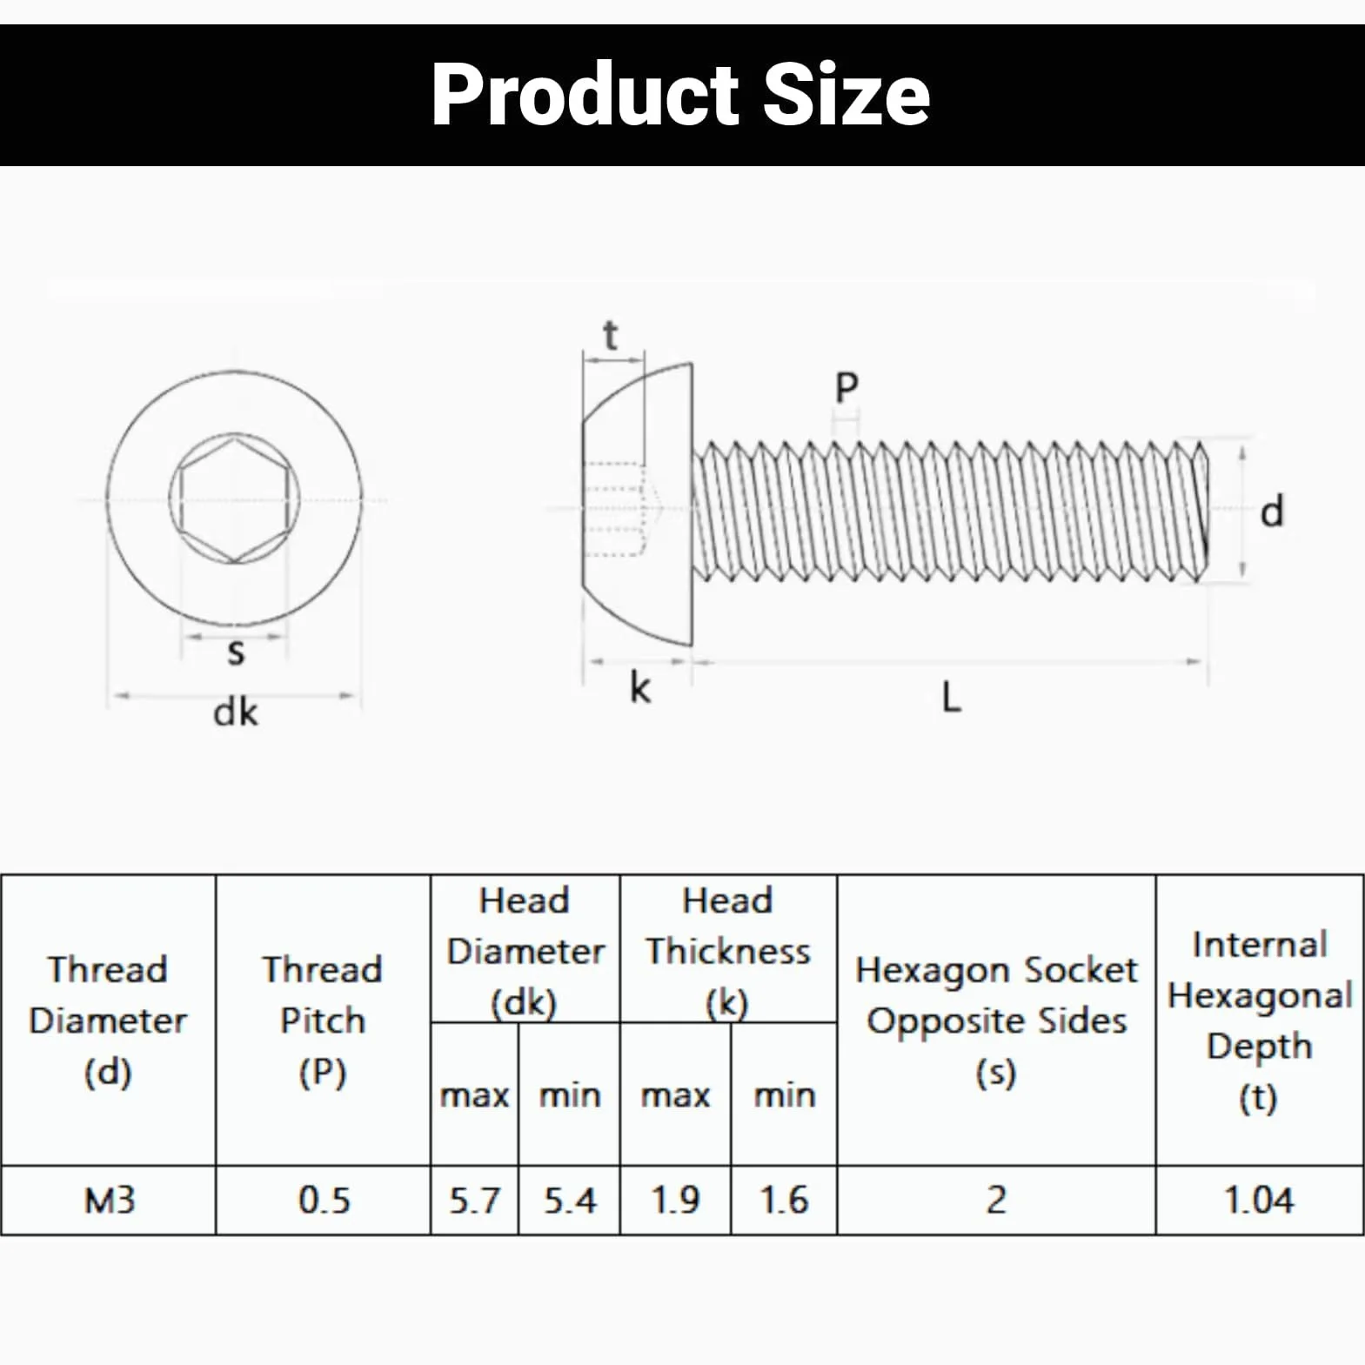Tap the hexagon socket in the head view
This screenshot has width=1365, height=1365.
(x=235, y=499)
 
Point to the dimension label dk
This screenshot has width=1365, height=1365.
(x=235, y=713)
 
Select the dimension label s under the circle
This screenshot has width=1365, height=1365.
(x=236, y=652)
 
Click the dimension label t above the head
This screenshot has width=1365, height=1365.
(x=611, y=336)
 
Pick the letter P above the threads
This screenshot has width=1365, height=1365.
(x=846, y=387)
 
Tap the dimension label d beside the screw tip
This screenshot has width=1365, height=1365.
(x=1272, y=511)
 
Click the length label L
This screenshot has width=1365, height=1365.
(x=952, y=697)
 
